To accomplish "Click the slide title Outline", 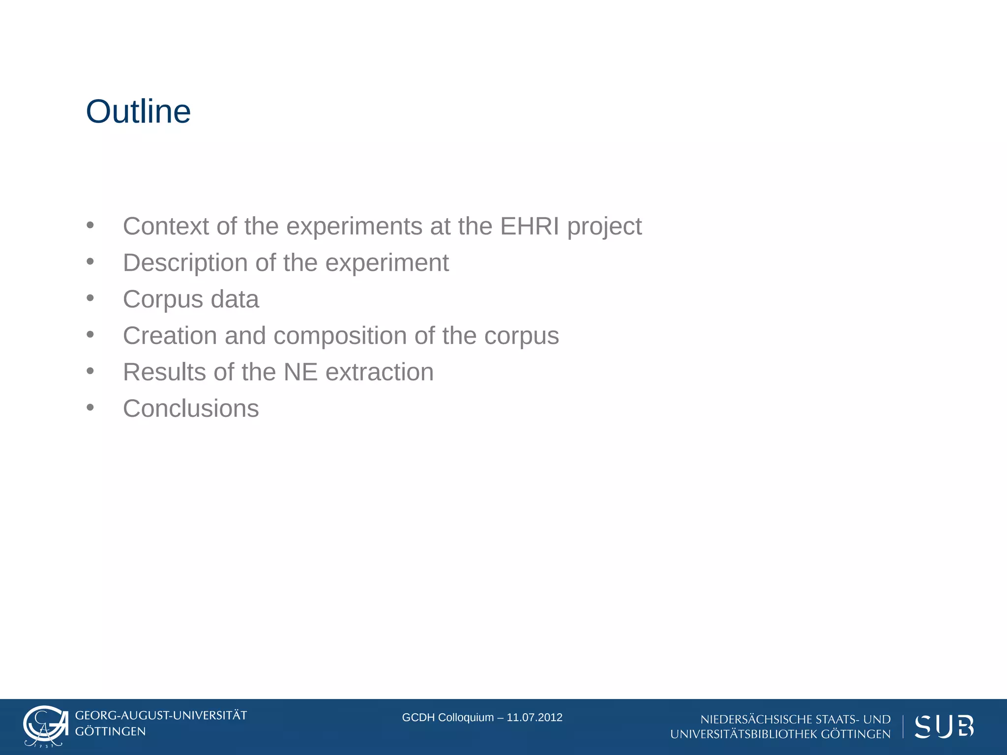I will (138, 112).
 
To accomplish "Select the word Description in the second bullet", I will (185, 263).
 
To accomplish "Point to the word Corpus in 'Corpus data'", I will (163, 300).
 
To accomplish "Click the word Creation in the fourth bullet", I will (170, 336).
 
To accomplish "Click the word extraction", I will (379, 372).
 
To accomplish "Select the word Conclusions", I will (191, 408).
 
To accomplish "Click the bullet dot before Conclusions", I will (90, 407).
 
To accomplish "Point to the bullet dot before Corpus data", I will (90, 298).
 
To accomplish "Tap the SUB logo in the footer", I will (944, 726).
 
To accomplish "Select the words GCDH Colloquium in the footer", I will (447, 718).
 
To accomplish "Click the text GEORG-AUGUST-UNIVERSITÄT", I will (161, 716).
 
